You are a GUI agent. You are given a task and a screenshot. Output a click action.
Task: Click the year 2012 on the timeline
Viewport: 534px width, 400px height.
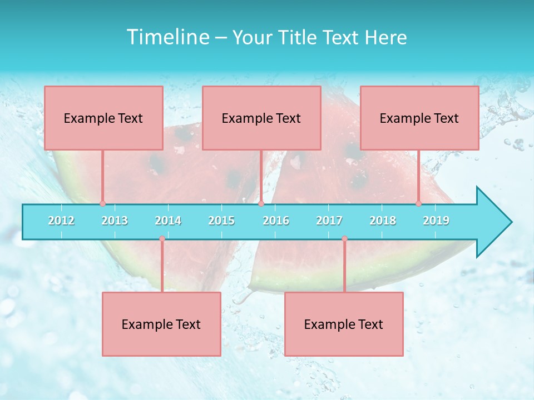61,221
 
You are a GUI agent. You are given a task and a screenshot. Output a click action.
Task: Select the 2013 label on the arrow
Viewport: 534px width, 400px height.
115,221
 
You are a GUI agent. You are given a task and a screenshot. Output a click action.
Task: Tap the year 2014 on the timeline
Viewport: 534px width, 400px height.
168,221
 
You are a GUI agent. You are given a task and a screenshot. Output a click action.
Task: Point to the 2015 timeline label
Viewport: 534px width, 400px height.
221,221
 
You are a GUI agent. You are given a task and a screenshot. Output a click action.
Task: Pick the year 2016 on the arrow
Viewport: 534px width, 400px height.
276,221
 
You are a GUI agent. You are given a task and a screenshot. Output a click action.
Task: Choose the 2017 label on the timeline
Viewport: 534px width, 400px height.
329,221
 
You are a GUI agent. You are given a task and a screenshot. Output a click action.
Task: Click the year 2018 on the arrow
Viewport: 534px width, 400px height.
383,221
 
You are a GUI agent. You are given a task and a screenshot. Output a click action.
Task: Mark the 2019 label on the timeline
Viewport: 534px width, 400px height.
436,221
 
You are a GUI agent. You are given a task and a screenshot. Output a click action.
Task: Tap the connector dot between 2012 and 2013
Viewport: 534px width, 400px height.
102,204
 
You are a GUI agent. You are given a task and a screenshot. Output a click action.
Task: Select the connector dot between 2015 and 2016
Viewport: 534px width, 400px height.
261,204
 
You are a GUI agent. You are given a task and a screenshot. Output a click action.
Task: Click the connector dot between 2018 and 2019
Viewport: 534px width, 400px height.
419,204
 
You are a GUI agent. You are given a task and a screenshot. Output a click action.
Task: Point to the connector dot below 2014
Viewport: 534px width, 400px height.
162,239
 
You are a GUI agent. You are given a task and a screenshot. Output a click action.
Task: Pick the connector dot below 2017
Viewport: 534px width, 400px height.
344,239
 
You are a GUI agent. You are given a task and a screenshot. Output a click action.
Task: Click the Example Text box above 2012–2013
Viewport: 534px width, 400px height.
103,118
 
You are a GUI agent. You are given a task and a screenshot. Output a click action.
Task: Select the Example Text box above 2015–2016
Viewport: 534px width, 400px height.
261,118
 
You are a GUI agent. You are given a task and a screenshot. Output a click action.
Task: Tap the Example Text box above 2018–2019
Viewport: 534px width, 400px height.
419,118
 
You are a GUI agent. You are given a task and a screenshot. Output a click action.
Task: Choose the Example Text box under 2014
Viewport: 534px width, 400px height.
161,324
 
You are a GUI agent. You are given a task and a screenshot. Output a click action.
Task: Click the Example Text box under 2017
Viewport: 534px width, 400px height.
344,324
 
